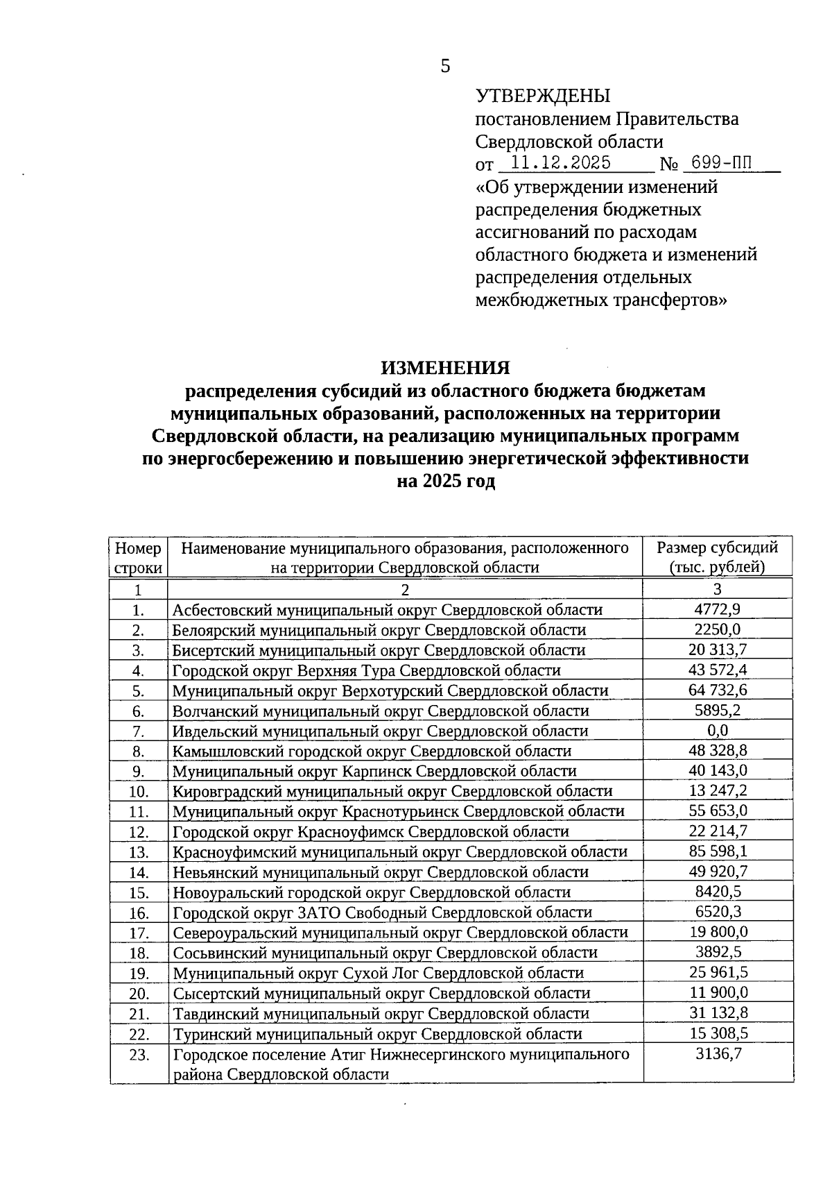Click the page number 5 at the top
pyautogui.click(x=445, y=66)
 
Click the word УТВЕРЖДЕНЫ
pyautogui.click(x=543, y=96)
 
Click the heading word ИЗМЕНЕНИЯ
pyautogui.click(x=445, y=367)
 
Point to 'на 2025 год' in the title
pyautogui.click(x=445, y=482)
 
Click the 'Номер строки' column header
pyautogui.click(x=138, y=557)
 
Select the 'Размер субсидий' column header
pyautogui.click(x=717, y=557)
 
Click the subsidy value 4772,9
pyautogui.click(x=717, y=609)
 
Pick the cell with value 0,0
pyautogui.click(x=717, y=730)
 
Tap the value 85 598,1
pyautogui.click(x=718, y=851)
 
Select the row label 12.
pyautogui.click(x=139, y=831)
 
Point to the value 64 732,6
pyautogui.click(x=718, y=690)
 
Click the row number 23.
pyautogui.click(x=139, y=1055)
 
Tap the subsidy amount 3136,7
pyautogui.click(x=718, y=1054)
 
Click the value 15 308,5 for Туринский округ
pyautogui.click(x=718, y=1033)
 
